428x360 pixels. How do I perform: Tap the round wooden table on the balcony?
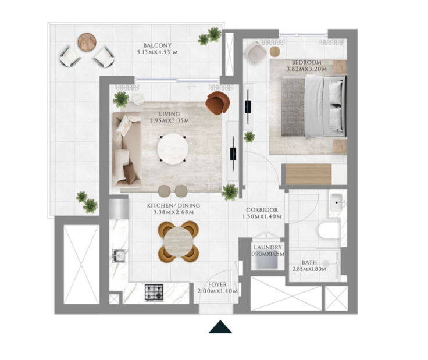coord(87,42)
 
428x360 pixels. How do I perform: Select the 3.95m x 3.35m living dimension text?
coord(169,120)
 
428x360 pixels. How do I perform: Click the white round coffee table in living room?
coord(173,149)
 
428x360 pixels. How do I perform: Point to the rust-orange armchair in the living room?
coord(217,102)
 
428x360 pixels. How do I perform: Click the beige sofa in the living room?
coord(127,150)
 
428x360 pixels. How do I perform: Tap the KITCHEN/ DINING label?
coord(174,205)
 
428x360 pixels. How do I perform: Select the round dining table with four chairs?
coord(179,241)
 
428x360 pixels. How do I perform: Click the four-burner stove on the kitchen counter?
coord(154,293)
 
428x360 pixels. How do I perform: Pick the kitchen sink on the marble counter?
coord(119,256)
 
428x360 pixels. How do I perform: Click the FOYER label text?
coord(217,284)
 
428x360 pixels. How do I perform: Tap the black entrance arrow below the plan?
coord(220,327)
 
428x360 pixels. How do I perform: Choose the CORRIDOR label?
coord(262,210)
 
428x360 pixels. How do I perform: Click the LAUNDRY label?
coord(267,248)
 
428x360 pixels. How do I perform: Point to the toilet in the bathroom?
coord(330,231)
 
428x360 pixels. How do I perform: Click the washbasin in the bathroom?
coord(336,202)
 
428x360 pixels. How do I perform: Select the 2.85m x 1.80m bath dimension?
coord(309,269)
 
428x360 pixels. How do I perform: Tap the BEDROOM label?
coord(306,62)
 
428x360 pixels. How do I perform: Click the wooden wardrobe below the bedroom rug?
coord(308,174)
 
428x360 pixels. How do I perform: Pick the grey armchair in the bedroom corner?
coord(255,52)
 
